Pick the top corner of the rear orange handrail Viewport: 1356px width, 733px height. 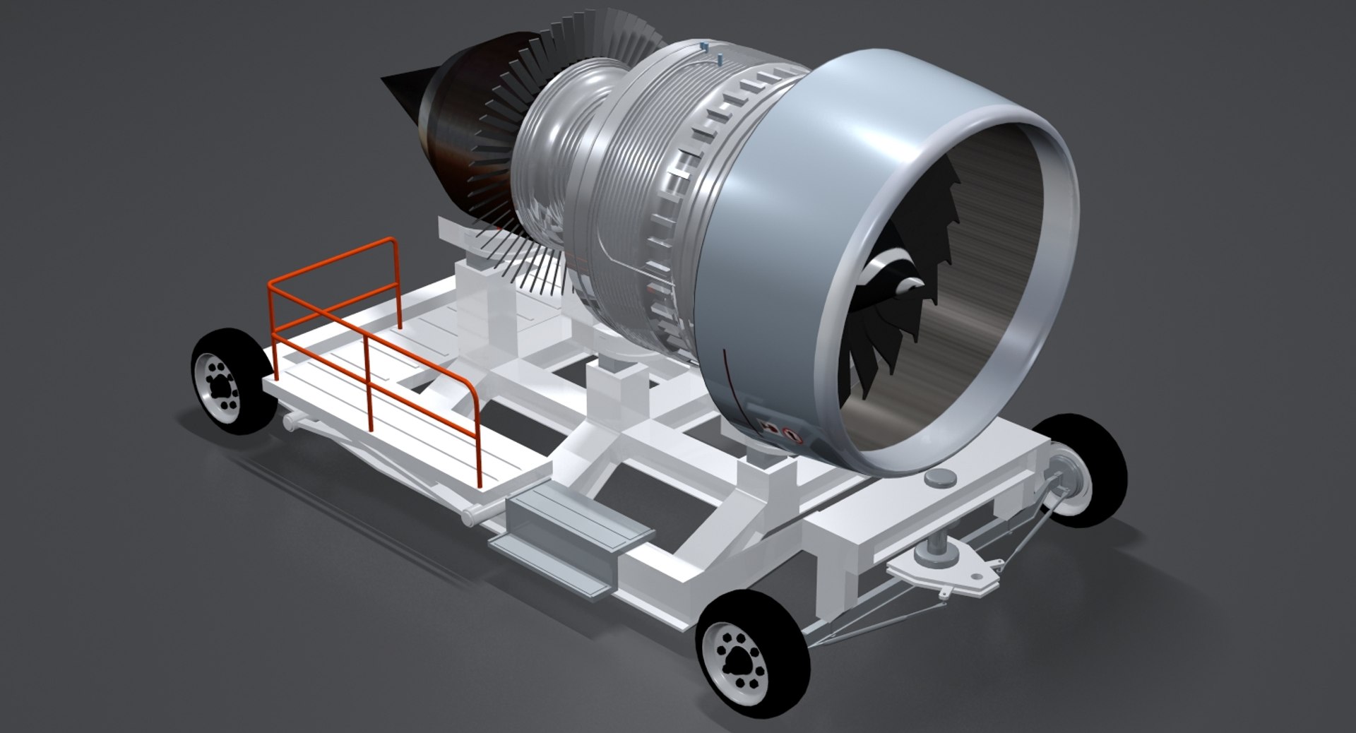pos(391,243)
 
